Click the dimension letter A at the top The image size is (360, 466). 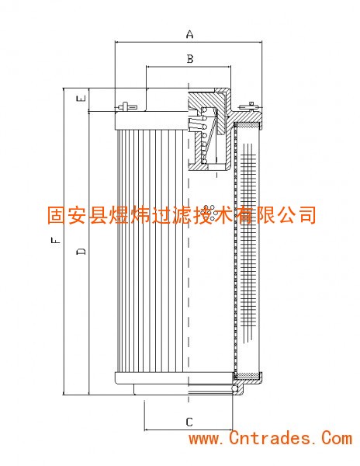pos(189,34)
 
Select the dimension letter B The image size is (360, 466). pos(190,59)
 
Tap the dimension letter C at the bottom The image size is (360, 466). pos(189,422)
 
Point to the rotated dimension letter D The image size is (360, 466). pos(81,251)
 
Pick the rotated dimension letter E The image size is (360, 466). pos(81,98)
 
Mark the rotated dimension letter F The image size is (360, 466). pos(56,240)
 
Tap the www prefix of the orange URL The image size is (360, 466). pos(204,440)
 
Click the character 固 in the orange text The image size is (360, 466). pos(57,215)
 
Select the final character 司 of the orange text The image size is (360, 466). pos(307,215)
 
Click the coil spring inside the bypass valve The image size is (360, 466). pos(207,135)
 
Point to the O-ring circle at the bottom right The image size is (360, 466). pos(234,388)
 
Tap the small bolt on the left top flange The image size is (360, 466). pos(126,106)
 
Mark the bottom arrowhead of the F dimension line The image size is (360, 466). pos(64,392)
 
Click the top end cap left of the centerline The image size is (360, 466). pos(151,120)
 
